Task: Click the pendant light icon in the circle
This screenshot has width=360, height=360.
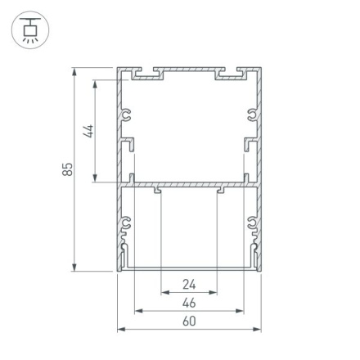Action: click(x=30, y=31)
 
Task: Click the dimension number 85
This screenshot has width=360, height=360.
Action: click(x=68, y=169)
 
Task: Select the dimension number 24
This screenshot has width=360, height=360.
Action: click(x=189, y=285)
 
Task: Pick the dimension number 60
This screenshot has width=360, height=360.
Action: click(x=189, y=322)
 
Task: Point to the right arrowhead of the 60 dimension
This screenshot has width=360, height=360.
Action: click(x=258, y=329)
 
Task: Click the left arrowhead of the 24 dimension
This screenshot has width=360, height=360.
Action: click(x=164, y=292)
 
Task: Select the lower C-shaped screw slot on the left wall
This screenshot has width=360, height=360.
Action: click(x=127, y=221)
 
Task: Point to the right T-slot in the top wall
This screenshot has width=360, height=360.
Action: click(x=232, y=76)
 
